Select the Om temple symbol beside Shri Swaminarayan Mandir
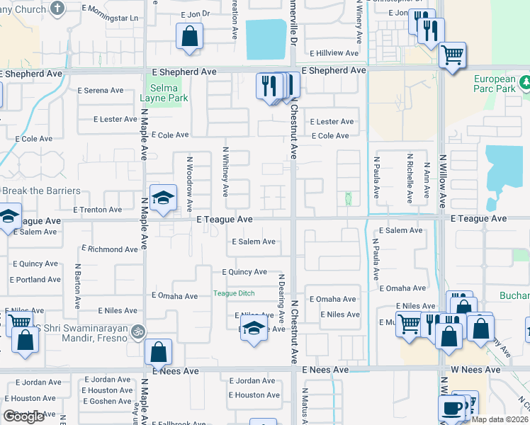click(140, 330)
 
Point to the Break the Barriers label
click(40, 191)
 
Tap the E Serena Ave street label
click(101, 91)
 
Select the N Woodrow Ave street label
click(189, 184)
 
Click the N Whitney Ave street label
click(225, 171)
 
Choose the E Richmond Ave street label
click(110, 249)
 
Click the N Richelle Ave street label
click(410, 177)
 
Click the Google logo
click(23, 416)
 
